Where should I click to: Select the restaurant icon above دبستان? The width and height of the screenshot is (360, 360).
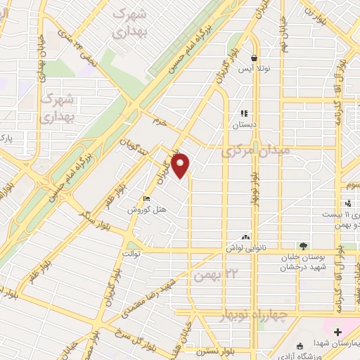click(x=245, y=112)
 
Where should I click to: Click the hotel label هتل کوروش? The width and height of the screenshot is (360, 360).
click(x=146, y=210)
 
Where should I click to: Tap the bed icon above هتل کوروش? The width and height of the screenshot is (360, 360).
click(x=146, y=198)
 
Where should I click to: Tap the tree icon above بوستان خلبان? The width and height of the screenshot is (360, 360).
click(x=303, y=245)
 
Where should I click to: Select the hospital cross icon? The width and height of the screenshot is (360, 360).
click(x=337, y=331)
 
